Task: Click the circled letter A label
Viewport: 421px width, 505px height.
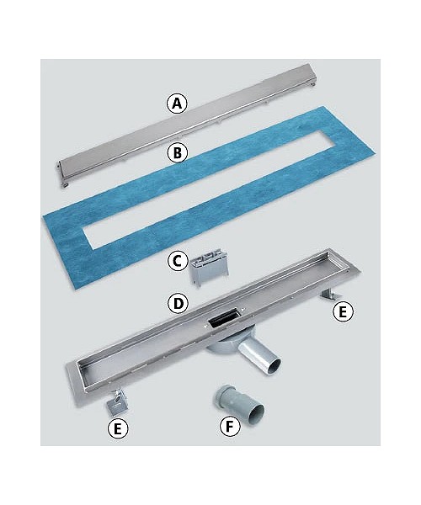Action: [x=177, y=103]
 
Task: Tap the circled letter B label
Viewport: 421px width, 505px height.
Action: [x=177, y=152]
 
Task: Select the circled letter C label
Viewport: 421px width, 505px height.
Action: [x=177, y=261]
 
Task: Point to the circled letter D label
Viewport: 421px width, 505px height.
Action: [x=178, y=303]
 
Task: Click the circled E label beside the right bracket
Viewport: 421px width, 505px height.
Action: [x=343, y=311]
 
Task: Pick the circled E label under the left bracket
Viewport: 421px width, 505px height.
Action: [x=118, y=428]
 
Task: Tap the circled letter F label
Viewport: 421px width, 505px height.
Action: [x=230, y=427]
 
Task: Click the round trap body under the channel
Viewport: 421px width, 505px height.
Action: [x=222, y=346]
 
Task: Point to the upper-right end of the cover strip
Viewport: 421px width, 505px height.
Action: [x=312, y=75]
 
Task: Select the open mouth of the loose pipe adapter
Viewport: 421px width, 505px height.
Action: [x=257, y=413]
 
